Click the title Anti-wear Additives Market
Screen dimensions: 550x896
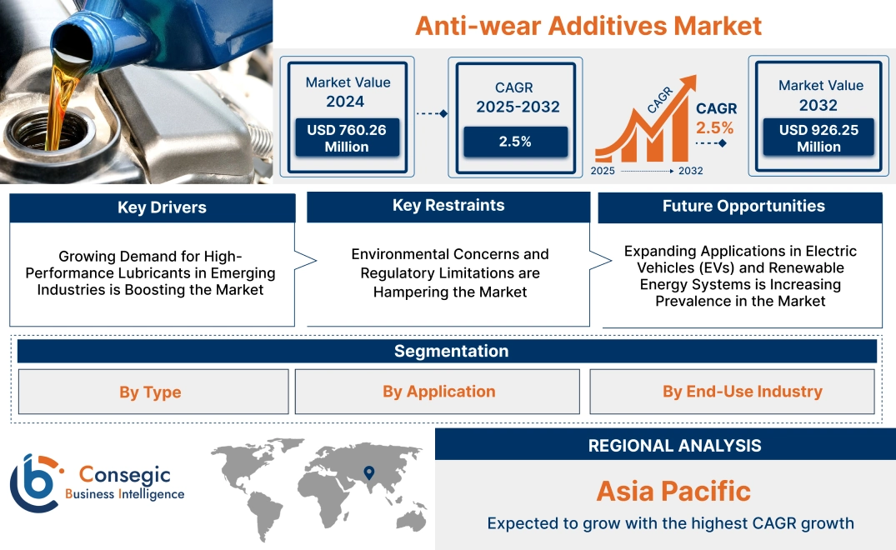(x=588, y=25)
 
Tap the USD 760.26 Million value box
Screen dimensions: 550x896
(x=346, y=137)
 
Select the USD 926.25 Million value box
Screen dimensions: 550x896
(x=818, y=137)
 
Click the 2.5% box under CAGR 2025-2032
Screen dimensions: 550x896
(x=515, y=142)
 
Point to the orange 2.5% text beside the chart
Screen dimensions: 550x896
(x=715, y=127)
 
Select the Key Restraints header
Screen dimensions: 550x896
(x=448, y=206)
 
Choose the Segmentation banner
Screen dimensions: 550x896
(x=451, y=351)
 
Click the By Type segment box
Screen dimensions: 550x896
(x=150, y=392)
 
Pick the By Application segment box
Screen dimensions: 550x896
(x=438, y=392)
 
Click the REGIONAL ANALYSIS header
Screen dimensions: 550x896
(x=674, y=446)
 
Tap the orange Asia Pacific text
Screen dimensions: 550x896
(x=673, y=491)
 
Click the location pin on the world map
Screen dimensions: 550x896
(x=368, y=473)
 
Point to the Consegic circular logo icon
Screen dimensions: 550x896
(x=35, y=482)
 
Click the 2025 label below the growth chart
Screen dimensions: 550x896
(x=604, y=171)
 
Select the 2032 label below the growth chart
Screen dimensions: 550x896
(x=690, y=171)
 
